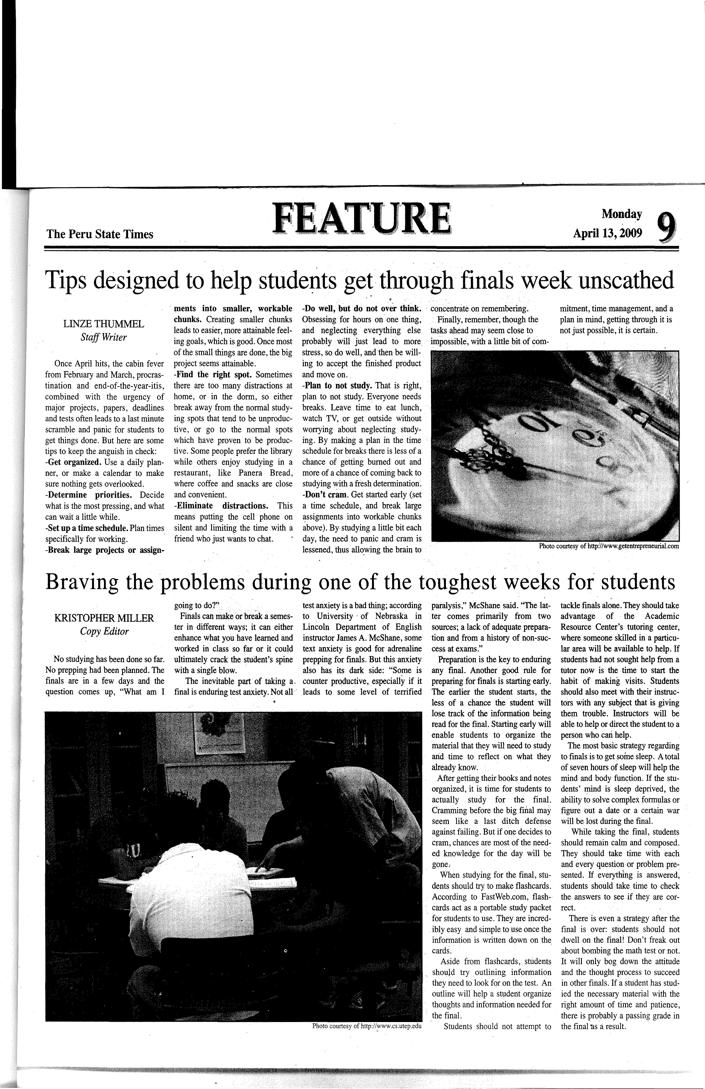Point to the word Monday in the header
pos(622,214)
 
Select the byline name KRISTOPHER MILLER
pos(104,618)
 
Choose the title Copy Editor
pos(104,632)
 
